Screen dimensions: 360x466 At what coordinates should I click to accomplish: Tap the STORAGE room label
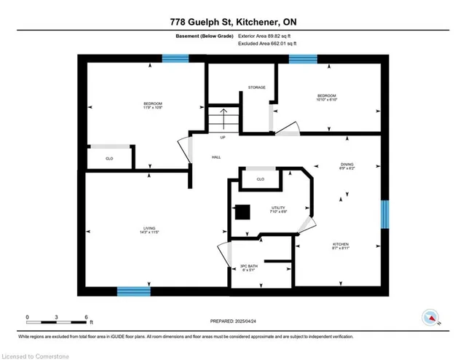(x=256, y=87)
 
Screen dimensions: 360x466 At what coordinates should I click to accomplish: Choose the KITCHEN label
(x=341, y=244)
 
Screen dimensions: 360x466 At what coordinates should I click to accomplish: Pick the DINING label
(x=346, y=165)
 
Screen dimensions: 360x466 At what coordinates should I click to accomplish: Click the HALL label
(x=216, y=157)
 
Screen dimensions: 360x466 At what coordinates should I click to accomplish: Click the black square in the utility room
(x=242, y=211)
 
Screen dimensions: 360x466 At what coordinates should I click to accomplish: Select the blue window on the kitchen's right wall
(x=384, y=216)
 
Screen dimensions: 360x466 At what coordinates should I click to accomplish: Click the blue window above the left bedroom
(x=175, y=59)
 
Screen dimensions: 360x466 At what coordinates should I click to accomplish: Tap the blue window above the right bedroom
(x=302, y=59)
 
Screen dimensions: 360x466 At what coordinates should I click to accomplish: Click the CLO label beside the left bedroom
(x=109, y=157)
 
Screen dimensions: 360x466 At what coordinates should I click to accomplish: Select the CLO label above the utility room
(x=260, y=179)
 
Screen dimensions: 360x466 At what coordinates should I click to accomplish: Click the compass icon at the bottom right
(x=431, y=317)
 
